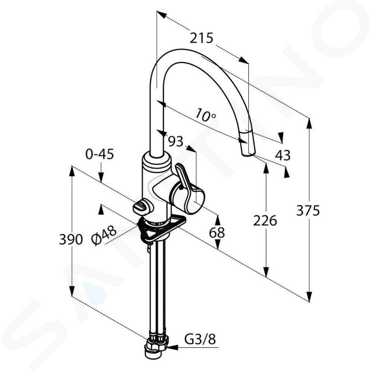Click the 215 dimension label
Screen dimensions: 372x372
(x=201, y=38)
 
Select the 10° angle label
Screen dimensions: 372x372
(x=206, y=115)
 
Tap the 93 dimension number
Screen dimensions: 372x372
(x=176, y=141)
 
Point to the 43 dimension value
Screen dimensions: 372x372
(x=283, y=155)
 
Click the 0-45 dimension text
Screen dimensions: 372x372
(x=100, y=154)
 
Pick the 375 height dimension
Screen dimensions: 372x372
(x=308, y=210)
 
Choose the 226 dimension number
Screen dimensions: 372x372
(x=265, y=220)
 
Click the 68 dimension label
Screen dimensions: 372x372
(x=217, y=232)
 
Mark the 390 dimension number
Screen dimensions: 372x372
(x=71, y=239)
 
